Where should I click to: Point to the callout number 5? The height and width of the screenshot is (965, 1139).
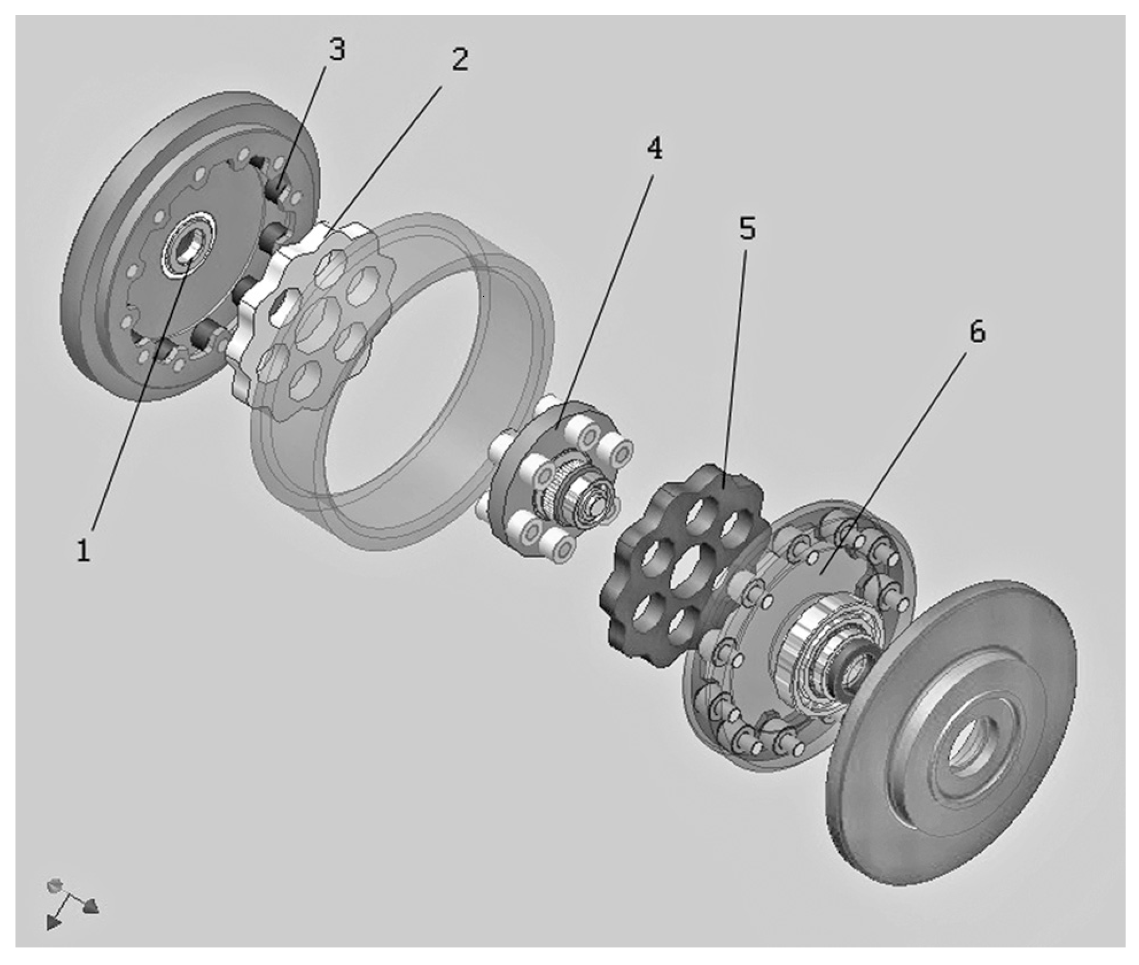coord(747,228)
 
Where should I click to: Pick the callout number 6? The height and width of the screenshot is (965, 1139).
coord(977,332)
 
